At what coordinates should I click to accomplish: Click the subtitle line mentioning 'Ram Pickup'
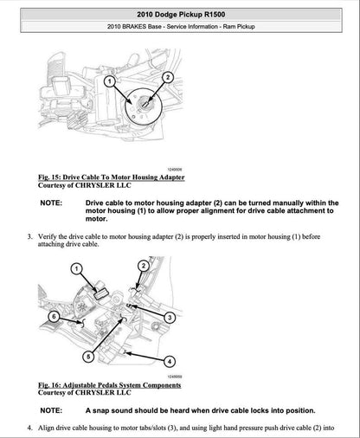click(x=179, y=31)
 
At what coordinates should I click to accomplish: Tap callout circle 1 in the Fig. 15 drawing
click(x=110, y=81)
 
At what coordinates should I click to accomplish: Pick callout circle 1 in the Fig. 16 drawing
click(x=75, y=270)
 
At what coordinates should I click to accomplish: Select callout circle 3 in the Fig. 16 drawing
click(x=169, y=318)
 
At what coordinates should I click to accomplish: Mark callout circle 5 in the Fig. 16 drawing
click(x=87, y=356)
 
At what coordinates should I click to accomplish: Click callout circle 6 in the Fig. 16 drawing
click(x=55, y=318)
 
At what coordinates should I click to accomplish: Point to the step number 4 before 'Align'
click(x=29, y=428)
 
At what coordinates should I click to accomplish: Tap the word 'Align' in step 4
click(x=48, y=428)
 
